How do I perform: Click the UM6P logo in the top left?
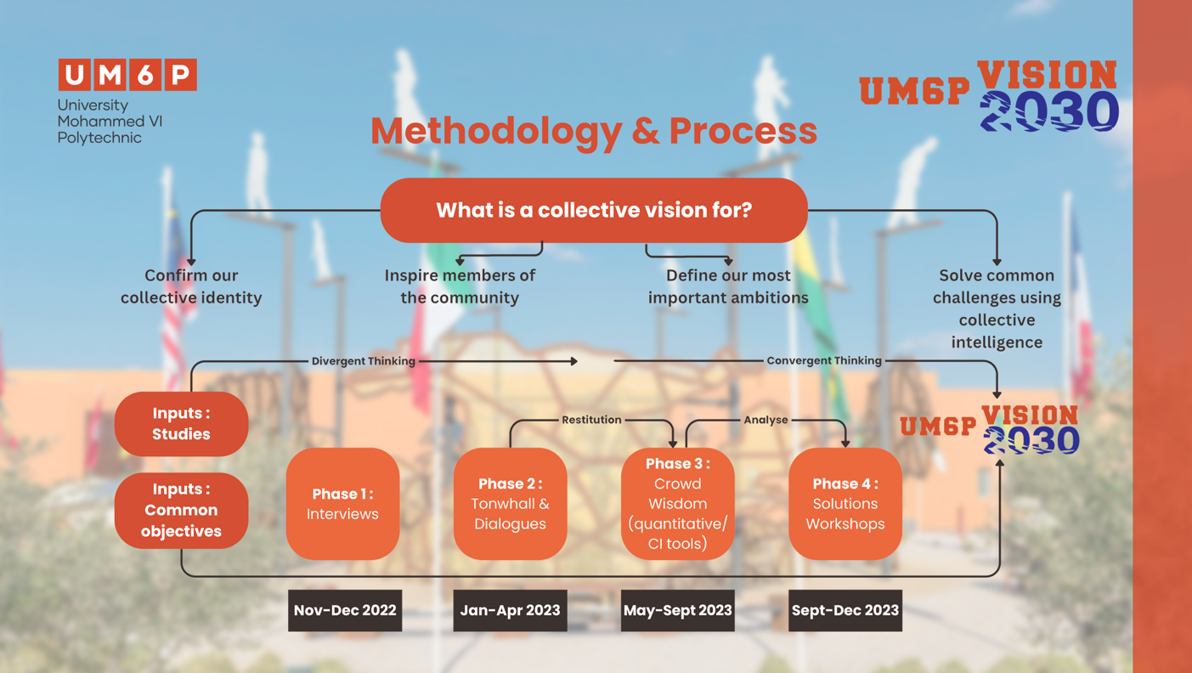pos(127,75)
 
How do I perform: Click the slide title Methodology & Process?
pos(594,131)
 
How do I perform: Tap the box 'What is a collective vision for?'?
pos(594,210)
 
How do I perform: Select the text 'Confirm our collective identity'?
pos(191,286)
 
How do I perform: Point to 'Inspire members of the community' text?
pos(460,286)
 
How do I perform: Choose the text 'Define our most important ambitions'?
pos(728,286)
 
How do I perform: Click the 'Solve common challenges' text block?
pos(997,308)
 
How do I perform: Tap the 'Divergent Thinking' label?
pos(363,361)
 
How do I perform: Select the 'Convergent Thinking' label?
pos(823,361)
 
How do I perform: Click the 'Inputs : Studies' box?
pos(181,424)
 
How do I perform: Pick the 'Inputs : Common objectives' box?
pos(181,510)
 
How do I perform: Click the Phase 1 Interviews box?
pos(342,504)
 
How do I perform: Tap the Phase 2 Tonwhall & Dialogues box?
pos(510,504)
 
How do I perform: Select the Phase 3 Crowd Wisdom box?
pos(677,504)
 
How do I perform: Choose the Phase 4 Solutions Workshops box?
pos(845,504)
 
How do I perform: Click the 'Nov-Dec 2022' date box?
pos(345,610)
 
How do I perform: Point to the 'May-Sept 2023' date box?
pos(677,610)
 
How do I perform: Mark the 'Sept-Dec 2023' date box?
pos(845,610)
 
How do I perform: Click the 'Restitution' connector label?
pos(591,420)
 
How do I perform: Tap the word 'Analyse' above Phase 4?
pos(765,420)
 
